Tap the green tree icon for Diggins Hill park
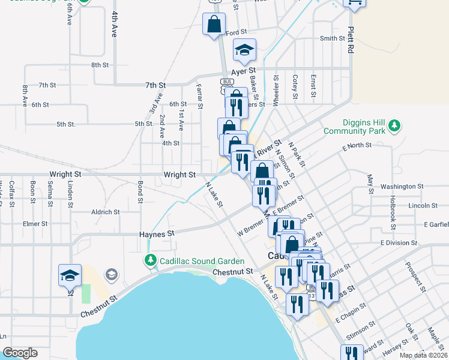[394, 125]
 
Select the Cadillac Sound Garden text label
[202, 261]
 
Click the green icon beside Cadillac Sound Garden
[149, 261]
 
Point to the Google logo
[20, 353]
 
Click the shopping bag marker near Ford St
[214, 25]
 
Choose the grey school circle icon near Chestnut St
[111, 275]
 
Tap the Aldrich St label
[105, 212]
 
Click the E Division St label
[399, 242]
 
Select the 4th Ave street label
[113, 24]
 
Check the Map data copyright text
[423, 355]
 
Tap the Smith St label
[333, 38]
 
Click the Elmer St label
[35, 224]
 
